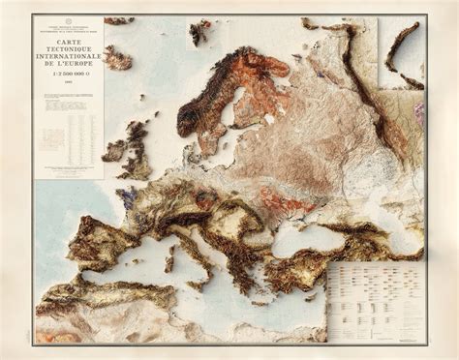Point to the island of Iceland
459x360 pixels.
117,59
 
